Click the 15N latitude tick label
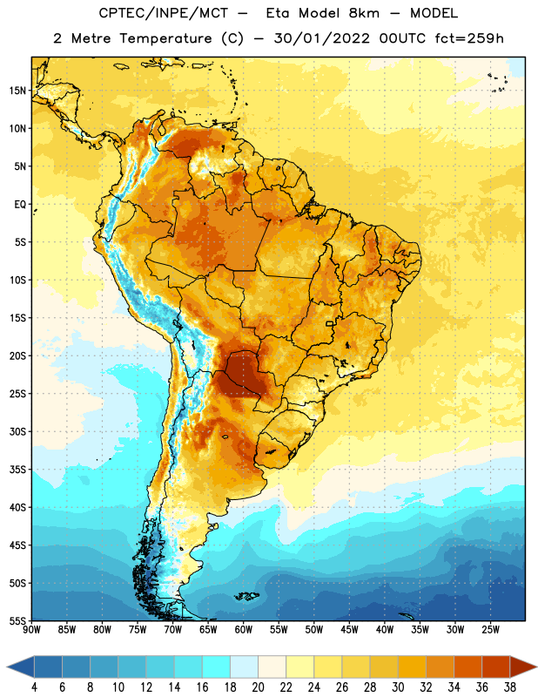[17, 91]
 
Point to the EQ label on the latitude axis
[20, 205]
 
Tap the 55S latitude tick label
[17, 620]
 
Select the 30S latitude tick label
[17, 431]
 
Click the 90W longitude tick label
[31, 629]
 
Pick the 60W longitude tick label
[244, 629]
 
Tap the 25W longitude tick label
[490, 629]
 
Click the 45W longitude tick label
[349, 629]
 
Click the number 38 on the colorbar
[510, 687]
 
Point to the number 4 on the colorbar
[34, 687]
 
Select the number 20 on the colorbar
[258, 687]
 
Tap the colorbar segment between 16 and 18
[217, 667]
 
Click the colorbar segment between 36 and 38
[496, 667]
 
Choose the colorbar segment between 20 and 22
[272, 667]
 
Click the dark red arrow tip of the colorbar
[524, 667]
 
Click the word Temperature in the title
[165, 38]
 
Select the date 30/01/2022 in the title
[321, 38]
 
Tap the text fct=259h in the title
[469, 38]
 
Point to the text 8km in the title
[364, 13]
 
